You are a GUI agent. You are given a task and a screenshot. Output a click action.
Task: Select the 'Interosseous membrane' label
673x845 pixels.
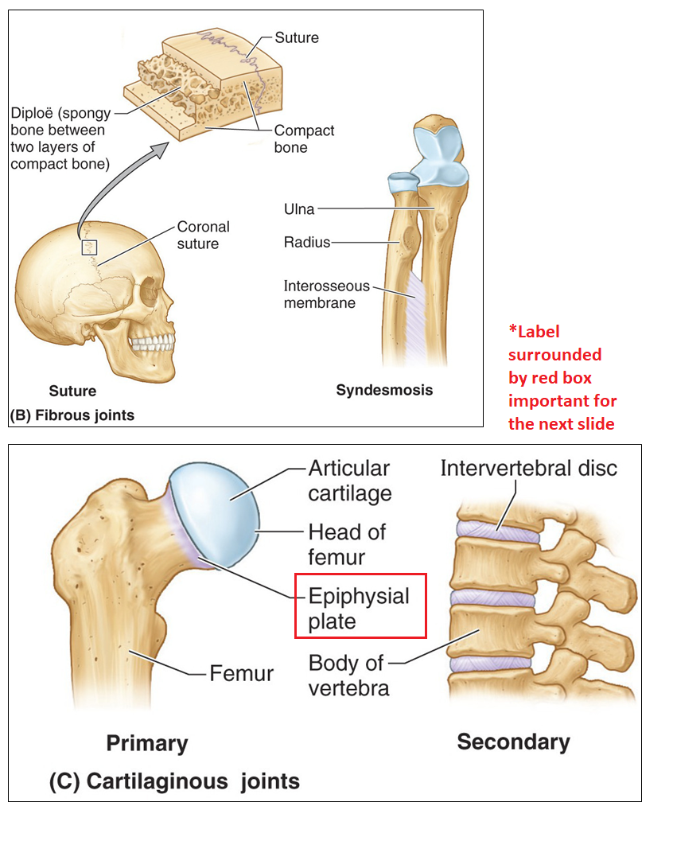point(326,294)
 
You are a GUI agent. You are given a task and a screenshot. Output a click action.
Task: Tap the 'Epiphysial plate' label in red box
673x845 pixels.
point(359,608)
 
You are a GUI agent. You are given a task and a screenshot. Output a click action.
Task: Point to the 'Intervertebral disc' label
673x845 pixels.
point(528,468)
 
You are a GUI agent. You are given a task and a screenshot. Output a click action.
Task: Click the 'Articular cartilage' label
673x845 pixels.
point(349,480)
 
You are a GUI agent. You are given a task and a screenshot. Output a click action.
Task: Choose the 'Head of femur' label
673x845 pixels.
point(347,543)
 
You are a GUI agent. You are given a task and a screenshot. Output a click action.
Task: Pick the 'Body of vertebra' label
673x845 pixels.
point(348,675)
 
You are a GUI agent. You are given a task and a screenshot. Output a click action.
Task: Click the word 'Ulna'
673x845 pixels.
point(299,209)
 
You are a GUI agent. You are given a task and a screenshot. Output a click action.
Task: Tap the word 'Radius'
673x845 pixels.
point(306,242)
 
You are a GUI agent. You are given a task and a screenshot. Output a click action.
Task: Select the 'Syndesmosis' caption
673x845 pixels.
point(384,390)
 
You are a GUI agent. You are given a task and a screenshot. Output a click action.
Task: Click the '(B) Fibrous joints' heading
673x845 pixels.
point(72,415)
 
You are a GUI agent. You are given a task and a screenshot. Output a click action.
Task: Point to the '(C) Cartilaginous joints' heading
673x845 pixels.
point(174,781)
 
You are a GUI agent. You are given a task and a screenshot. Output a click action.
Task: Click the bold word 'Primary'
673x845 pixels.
point(147,743)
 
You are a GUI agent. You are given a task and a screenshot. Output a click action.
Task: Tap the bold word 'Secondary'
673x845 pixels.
point(513,742)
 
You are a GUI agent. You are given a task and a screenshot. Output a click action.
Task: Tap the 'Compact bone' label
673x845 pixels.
point(304,138)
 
